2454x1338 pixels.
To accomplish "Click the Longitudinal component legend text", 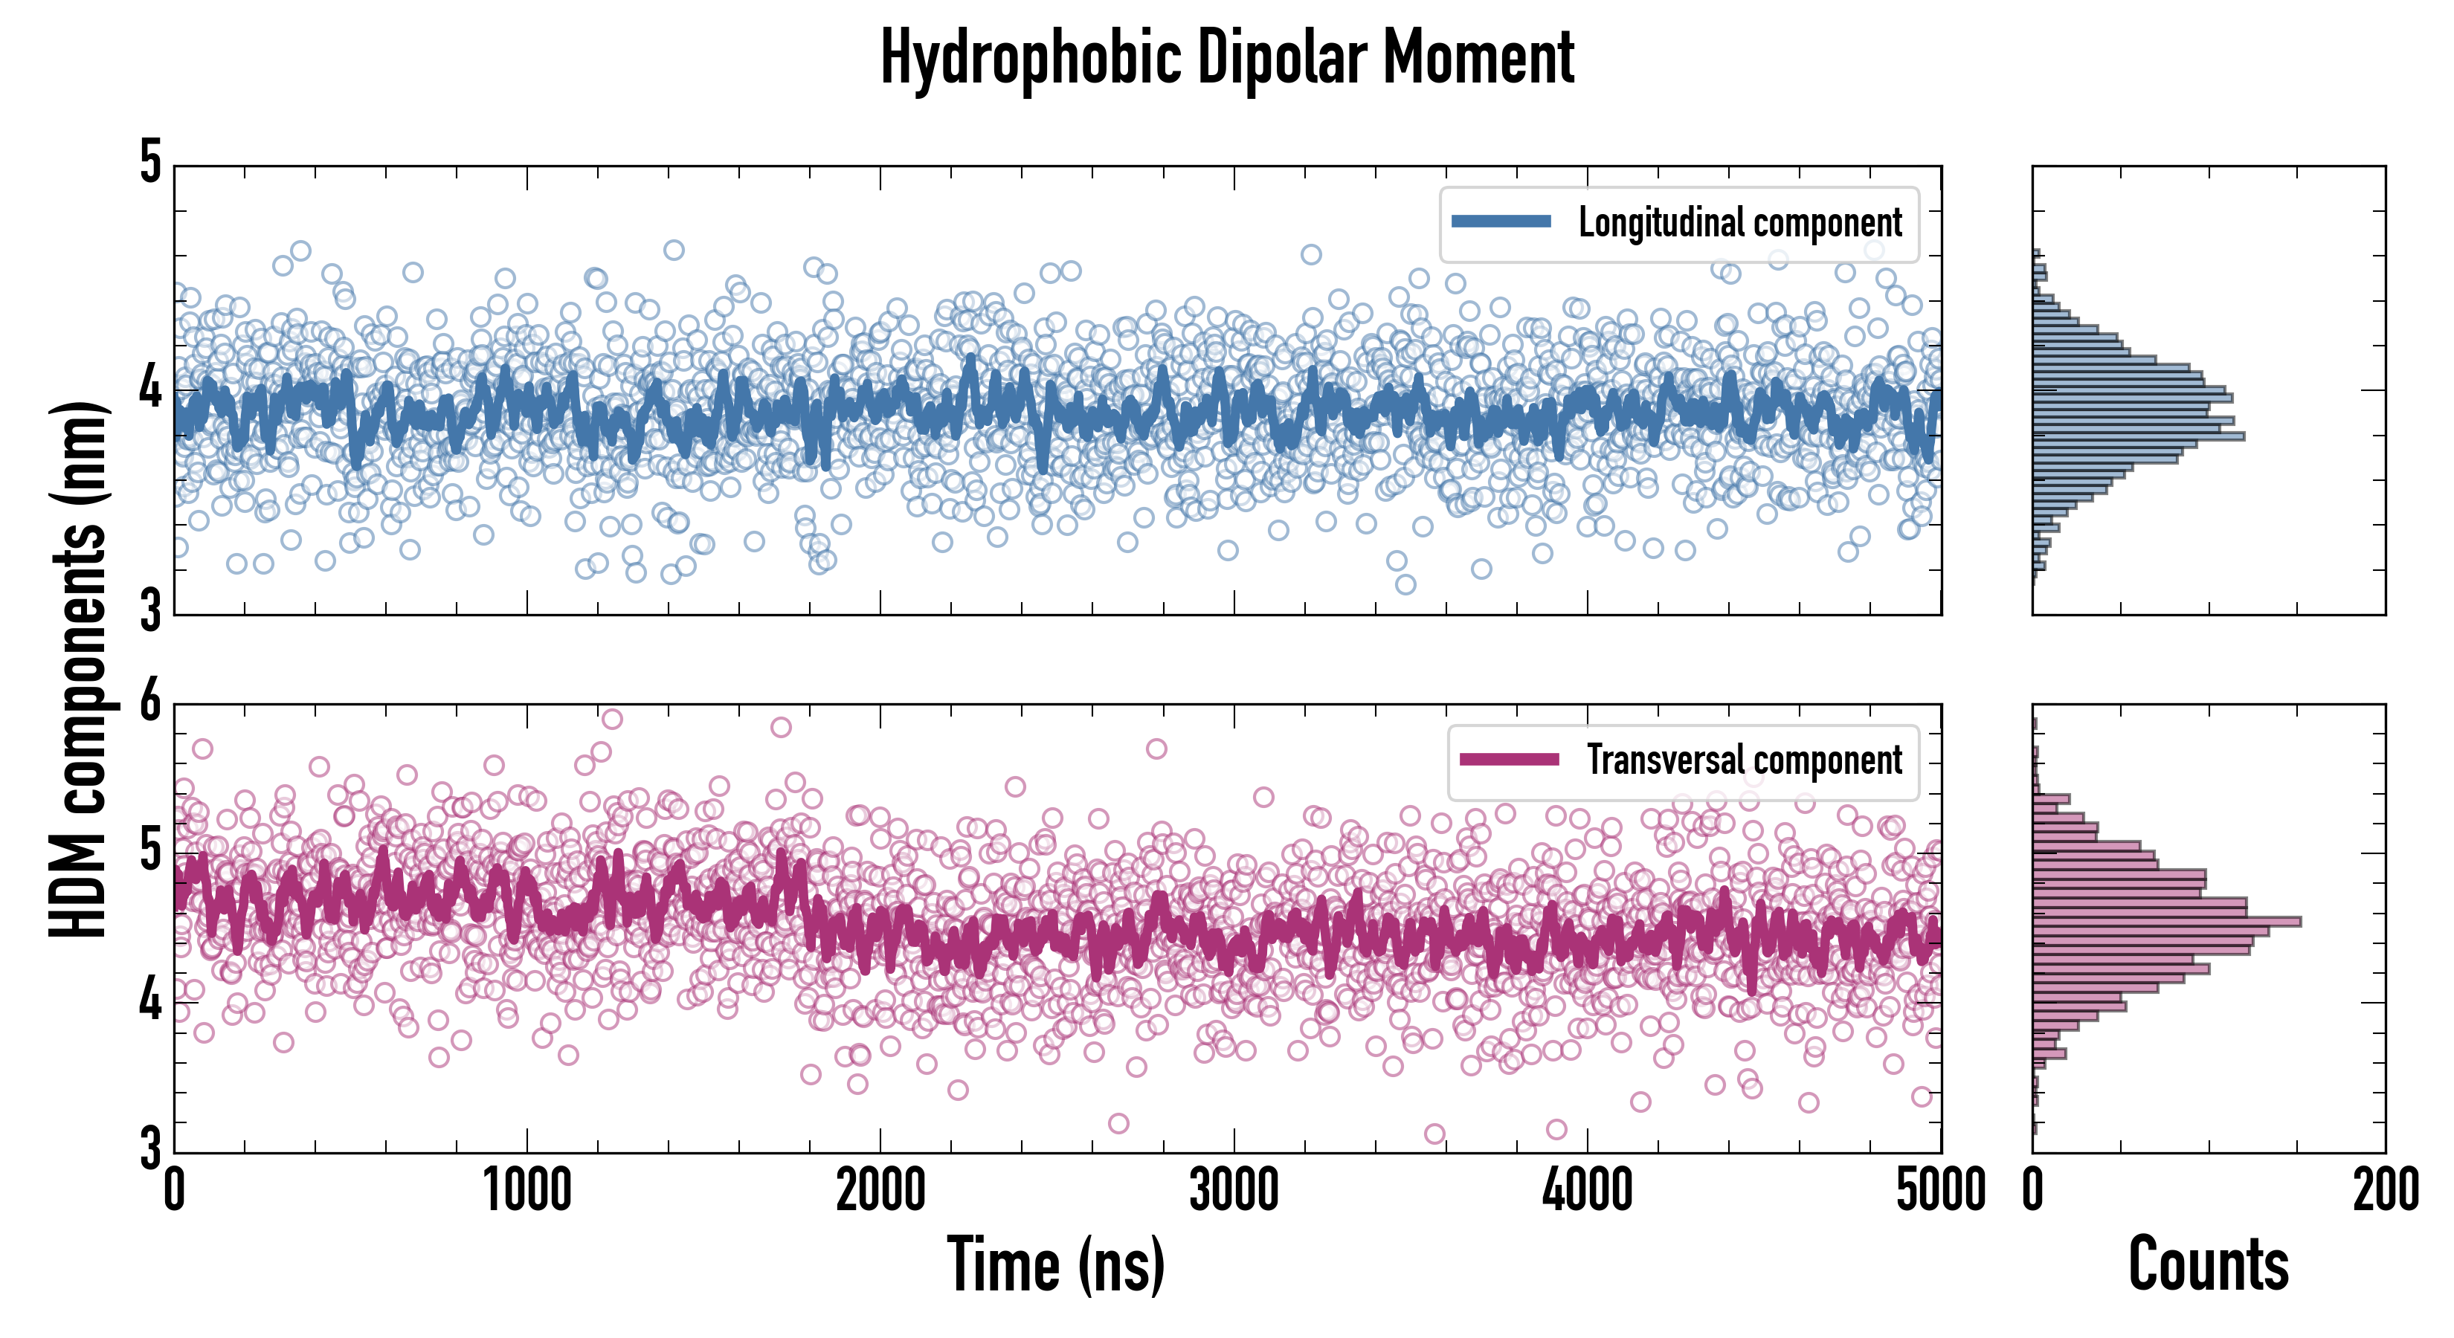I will (1739, 223).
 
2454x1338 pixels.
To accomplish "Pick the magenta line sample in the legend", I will (1509, 760).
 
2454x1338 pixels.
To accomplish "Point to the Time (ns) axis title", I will (1055, 1264).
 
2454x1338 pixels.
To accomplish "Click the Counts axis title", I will (2208, 1264).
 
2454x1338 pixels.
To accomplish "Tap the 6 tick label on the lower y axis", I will (150, 704).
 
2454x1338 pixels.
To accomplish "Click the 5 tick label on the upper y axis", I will (150, 164).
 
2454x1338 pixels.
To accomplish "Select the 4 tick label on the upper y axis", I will (150, 389).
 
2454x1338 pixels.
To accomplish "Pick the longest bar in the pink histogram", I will (2166, 922).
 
